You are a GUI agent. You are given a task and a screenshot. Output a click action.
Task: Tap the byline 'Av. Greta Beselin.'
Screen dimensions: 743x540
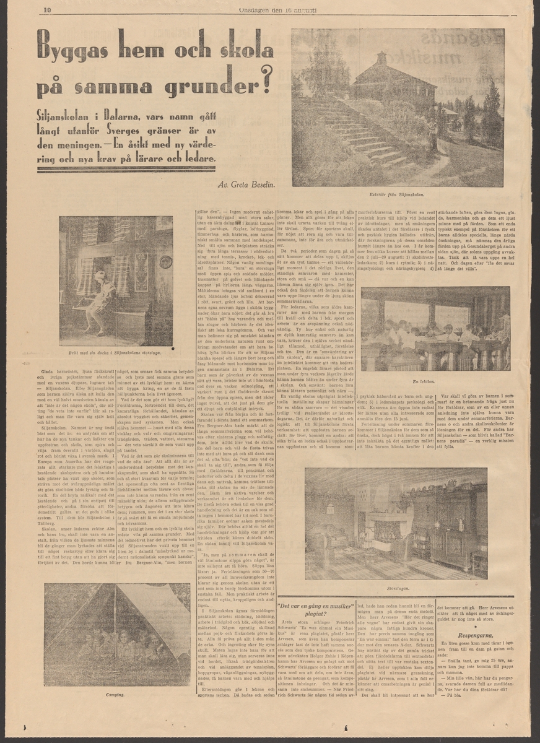pyautogui.click(x=247, y=185)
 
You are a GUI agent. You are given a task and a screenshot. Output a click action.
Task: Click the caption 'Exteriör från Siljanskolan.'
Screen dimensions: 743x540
pyautogui.click(x=398, y=195)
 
